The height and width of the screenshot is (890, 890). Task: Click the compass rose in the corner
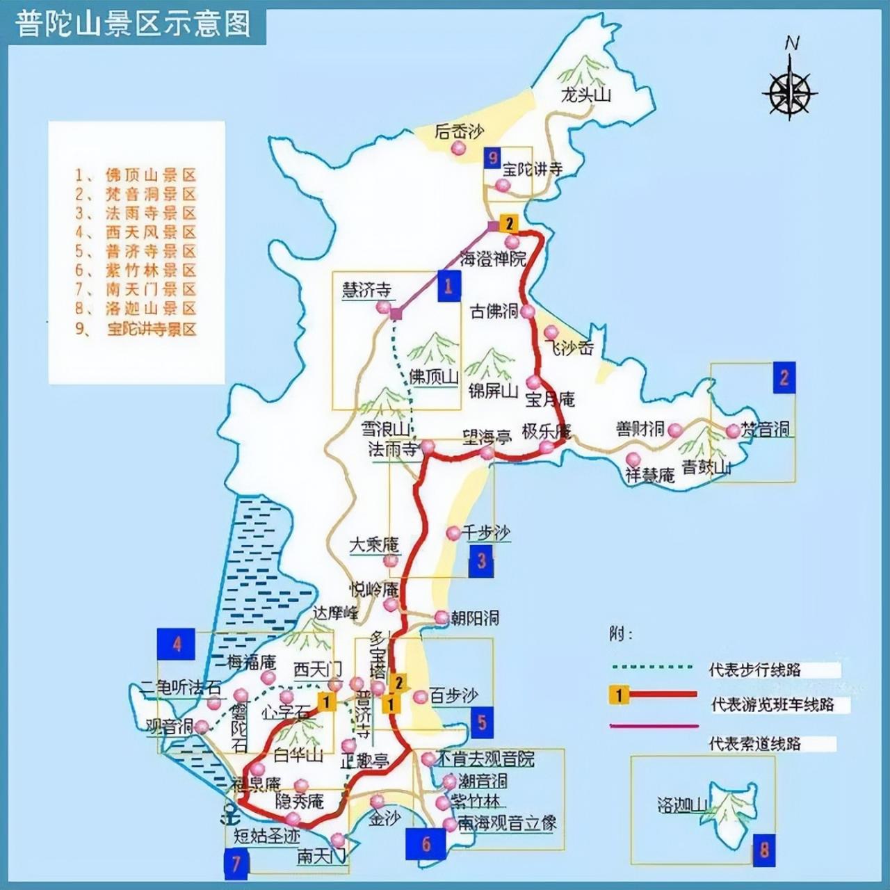pos(791,89)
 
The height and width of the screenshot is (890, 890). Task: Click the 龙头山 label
pos(585,95)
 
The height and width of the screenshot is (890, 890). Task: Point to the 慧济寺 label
pos(366,290)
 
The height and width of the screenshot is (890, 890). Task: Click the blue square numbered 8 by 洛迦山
pos(764,850)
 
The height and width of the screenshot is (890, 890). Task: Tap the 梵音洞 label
pos(765,429)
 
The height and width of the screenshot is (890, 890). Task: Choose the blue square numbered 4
pos(177,643)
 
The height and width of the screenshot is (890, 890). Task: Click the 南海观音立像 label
pos(508,823)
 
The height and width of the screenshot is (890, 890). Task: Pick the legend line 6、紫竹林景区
pos(136,270)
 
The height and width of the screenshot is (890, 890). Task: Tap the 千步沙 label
pos(487,533)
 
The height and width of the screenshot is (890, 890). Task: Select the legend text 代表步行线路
pos(754,670)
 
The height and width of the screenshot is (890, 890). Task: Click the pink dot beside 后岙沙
pos(458,148)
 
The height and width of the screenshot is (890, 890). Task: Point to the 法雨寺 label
pos(394,449)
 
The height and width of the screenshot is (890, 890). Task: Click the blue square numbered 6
pos(426,845)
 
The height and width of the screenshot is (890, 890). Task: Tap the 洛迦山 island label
pos(682,805)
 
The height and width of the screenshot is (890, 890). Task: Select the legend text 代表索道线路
pos(754,744)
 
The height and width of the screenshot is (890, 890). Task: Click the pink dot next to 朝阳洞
pos(442,617)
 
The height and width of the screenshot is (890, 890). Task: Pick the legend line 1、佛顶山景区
pos(136,175)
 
